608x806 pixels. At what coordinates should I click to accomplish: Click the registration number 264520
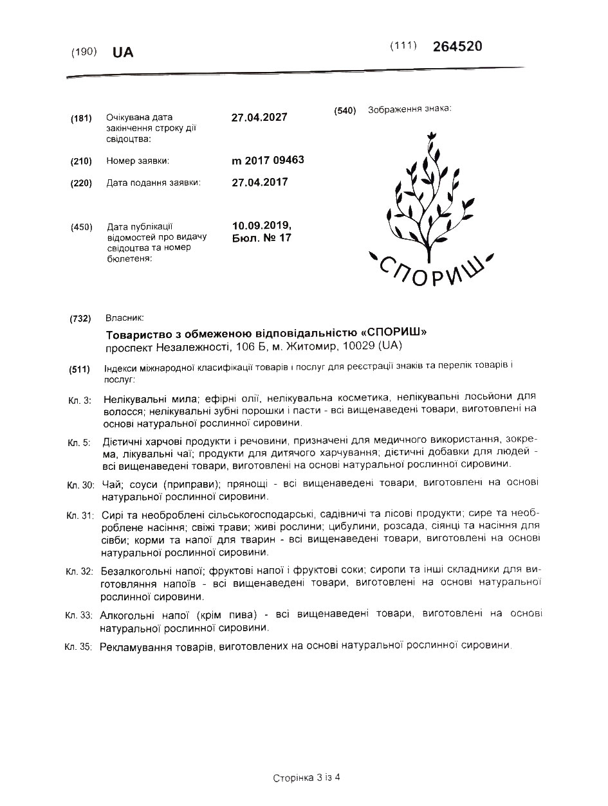[x=457, y=46]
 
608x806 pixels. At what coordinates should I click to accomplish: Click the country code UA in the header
[x=123, y=53]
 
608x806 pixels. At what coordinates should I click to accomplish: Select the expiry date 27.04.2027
[x=259, y=117]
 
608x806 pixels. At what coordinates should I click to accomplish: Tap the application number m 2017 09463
[x=268, y=160]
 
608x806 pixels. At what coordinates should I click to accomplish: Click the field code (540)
[x=345, y=111]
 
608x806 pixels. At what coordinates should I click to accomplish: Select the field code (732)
[x=80, y=319]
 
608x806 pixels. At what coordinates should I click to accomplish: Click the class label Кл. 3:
[x=80, y=400]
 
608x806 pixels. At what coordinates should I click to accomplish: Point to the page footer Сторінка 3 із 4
[x=306, y=778]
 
